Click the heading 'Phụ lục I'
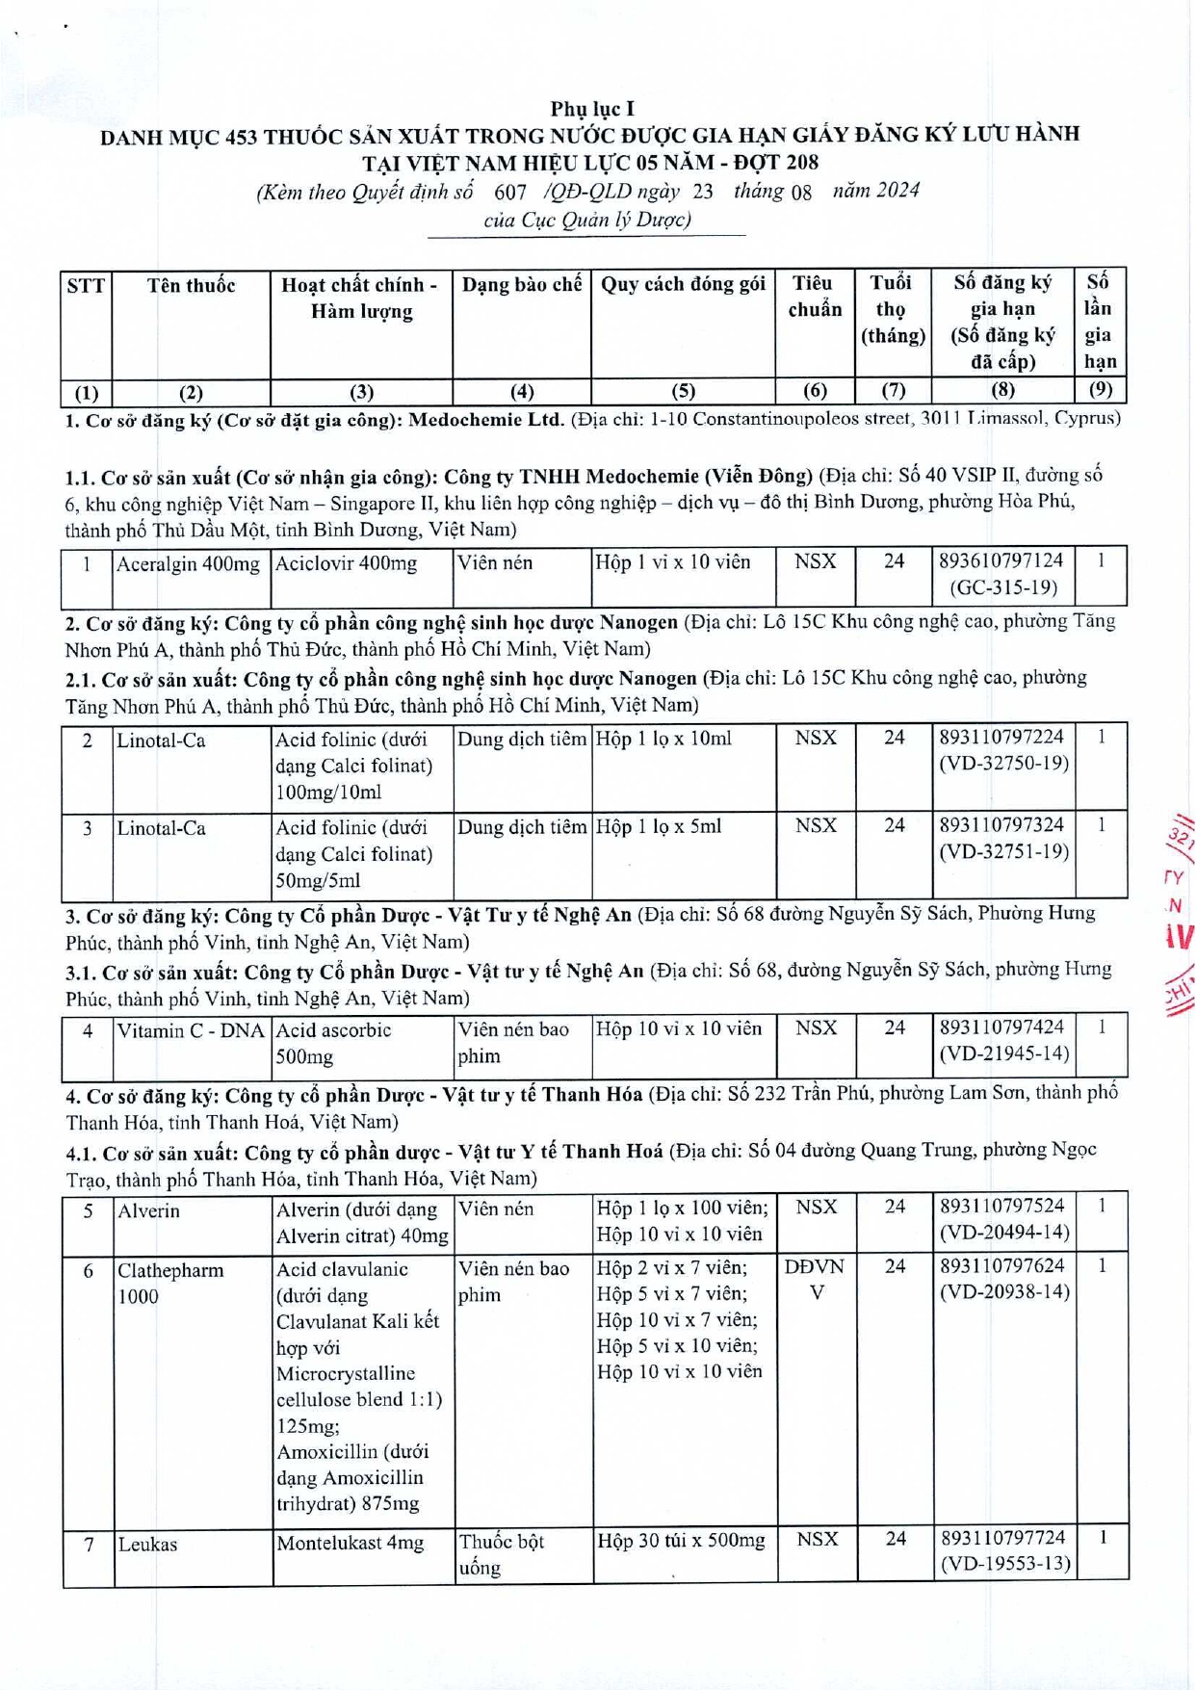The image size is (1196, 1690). click(592, 109)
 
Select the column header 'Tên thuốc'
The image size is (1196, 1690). click(191, 285)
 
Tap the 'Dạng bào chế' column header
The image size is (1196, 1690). click(521, 285)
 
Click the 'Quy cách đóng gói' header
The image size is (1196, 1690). click(683, 284)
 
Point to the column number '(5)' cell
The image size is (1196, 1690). click(683, 391)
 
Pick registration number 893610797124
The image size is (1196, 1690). click(1001, 560)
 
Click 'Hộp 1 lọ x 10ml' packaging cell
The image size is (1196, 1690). click(663, 739)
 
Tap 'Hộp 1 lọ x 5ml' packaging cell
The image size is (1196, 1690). click(659, 826)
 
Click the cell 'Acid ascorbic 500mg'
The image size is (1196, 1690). click(333, 1043)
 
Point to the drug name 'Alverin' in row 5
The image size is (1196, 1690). click(149, 1210)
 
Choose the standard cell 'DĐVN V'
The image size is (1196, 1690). click(815, 1280)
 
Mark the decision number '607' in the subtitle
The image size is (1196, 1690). click(510, 192)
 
